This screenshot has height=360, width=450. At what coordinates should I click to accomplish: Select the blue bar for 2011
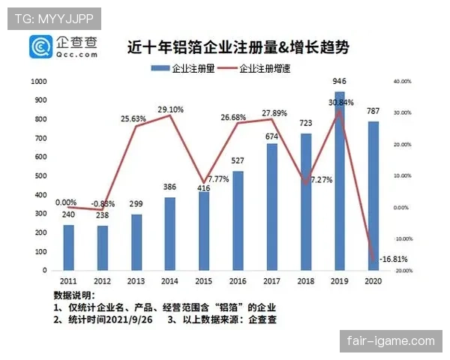69,247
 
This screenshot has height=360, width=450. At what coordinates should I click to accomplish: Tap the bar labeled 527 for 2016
238,220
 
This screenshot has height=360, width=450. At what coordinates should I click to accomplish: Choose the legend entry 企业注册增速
262,67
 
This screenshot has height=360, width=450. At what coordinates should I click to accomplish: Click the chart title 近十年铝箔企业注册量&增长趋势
237,47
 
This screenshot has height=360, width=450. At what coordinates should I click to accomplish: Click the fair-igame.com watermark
391,341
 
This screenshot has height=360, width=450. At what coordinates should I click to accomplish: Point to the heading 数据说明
73,294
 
